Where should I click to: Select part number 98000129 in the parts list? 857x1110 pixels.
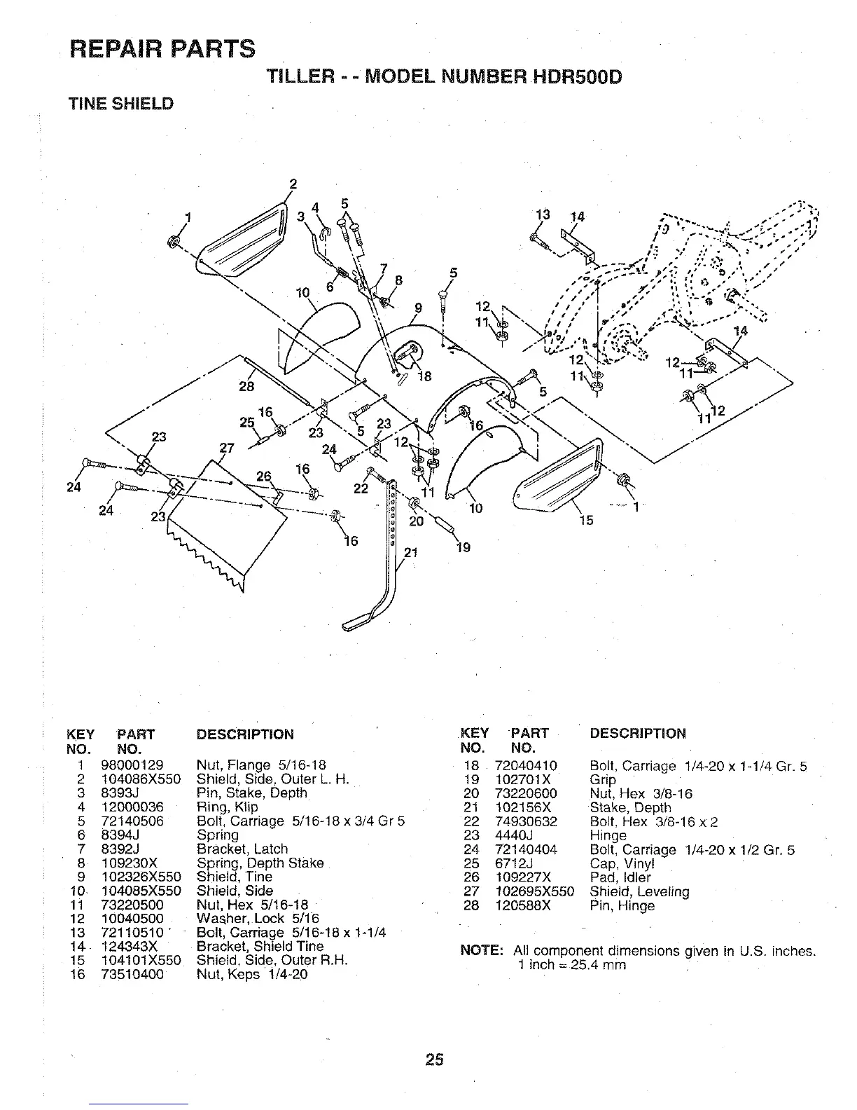(x=132, y=765)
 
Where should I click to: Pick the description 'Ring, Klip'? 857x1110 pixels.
(x=227, y=807)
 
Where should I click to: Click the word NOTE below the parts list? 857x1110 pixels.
(x=482, y=951)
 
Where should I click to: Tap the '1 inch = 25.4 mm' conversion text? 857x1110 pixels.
(x=571, y=965)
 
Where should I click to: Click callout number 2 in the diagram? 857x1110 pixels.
(x=293, y=185)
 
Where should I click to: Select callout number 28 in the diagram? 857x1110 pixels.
(x=246, y=386)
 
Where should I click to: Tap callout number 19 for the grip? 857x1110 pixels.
(x=463, y=547)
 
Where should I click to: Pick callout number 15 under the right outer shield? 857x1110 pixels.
(x=586, y=519)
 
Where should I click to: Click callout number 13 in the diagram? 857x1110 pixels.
(x=543, y=215)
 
